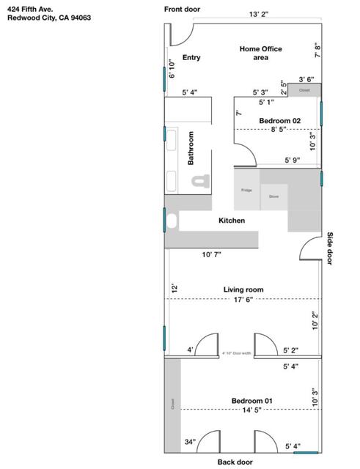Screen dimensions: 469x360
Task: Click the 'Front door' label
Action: coord(182,9)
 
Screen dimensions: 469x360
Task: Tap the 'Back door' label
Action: coord(235,462)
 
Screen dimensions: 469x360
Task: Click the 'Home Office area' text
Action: coord(260,53)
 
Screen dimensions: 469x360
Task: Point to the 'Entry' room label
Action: coord(191,57)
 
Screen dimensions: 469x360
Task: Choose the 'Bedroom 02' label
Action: coord(279,120)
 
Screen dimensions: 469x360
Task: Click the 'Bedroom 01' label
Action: coord(251,400)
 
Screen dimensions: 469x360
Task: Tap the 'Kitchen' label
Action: coord(232,220)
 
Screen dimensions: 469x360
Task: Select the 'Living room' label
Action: coord(243,289)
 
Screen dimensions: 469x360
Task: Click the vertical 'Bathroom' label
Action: coord(191,148)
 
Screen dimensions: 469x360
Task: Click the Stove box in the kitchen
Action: coord(273,196)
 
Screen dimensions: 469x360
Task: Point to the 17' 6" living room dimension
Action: coord(243,300)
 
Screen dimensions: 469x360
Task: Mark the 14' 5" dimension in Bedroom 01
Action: coord(251,410)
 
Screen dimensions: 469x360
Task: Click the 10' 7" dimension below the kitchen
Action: coord(211,254)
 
